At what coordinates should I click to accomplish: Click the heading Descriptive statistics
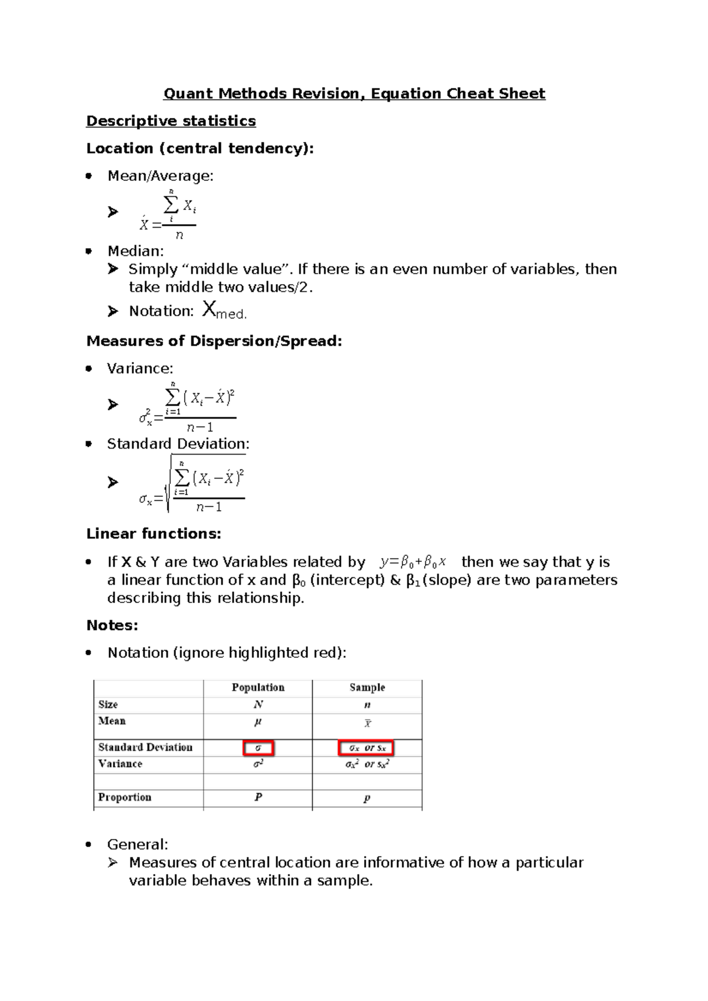tap(171, 121)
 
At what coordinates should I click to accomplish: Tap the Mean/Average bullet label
tap(160, 176)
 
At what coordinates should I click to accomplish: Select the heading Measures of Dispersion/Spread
tap(214, 341)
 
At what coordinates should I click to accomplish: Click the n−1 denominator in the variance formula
tap(200, 427)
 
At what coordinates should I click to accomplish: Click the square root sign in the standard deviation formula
tap(169, 483)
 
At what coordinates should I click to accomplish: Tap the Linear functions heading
tap(153, 534)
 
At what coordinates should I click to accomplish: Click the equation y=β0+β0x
tap(413, 562)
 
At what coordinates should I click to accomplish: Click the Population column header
tap(258, 687)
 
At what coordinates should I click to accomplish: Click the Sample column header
tap(367, 687)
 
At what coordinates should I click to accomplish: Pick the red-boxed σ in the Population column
tap(258, 748)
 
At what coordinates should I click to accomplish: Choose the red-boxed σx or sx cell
tap(366, 748)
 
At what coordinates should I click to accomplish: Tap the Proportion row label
tap(124, 797)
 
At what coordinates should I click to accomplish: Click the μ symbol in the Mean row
tap(258, 722)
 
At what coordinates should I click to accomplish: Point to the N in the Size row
tap(258, 704)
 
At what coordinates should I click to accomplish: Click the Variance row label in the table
tap(120, 764)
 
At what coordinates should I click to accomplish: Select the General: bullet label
tap(137, 844)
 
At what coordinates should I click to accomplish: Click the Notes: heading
tap(112, 625)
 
